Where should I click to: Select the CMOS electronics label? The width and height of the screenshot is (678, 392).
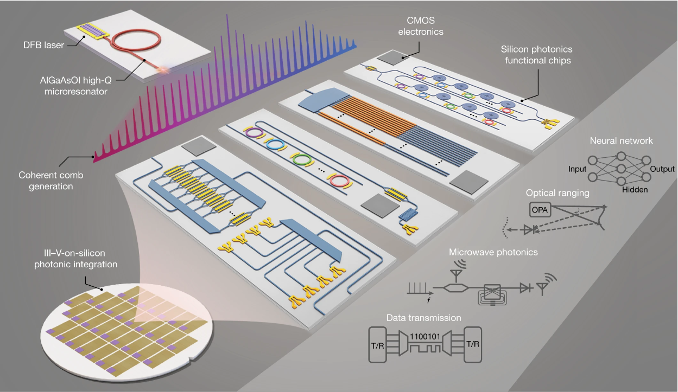coord(421,27)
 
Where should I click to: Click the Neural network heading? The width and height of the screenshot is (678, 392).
coord(621,140)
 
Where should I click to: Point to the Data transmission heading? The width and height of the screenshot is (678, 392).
coord(423,318)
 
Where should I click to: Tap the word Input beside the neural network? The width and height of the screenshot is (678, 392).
coord(577,169)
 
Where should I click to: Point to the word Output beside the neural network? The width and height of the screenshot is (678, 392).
coord(663,169)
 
